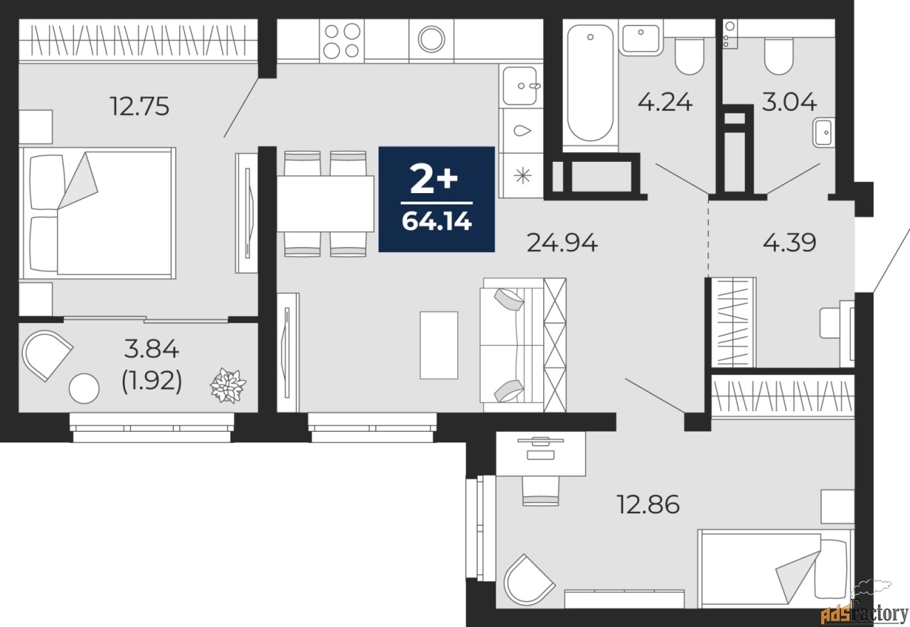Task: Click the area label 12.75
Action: [139, 107]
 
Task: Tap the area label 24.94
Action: [562, 243]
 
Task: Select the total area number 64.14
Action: [437, 222]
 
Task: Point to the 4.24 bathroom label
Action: [665, 102]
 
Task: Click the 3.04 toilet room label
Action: [788, 102]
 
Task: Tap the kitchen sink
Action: [520, 86]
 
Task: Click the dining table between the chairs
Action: [325, 203]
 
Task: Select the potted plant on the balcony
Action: [227, 386]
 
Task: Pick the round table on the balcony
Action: [84, 388]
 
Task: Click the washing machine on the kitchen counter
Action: [431, 39]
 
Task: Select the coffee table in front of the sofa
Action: [439, 344]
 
